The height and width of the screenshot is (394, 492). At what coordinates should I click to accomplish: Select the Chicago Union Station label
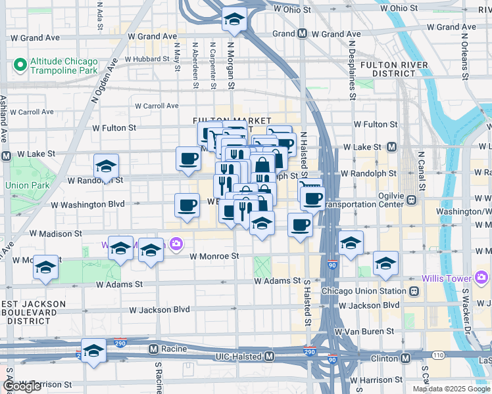click(x=364, y=291)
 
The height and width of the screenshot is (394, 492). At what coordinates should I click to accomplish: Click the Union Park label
click(x=27, y=185)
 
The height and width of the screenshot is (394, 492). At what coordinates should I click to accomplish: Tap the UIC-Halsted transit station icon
click(x=269, y=356)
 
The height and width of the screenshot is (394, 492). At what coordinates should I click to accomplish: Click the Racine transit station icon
click(x=153, y=348)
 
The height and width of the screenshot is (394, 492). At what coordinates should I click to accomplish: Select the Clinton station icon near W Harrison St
click(x=406, y=358)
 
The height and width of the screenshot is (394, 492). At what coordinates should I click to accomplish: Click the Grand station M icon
click(x=302, y=33)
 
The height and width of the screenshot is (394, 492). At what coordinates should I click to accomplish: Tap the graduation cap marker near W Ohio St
click(x=234, y=21)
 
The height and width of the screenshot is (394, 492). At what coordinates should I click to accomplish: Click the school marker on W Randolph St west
click(x=105, y=167)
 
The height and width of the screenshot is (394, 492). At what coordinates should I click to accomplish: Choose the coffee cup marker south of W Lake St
click(x=188, y=159)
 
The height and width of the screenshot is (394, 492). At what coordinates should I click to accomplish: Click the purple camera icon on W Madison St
click(x=176, y=245)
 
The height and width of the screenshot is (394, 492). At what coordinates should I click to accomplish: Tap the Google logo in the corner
click(x=22, y=386)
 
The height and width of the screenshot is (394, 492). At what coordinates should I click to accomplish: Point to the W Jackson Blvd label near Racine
click(x=159, y=309)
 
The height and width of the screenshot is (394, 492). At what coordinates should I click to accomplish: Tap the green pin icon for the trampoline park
click(x=20, y=66)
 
